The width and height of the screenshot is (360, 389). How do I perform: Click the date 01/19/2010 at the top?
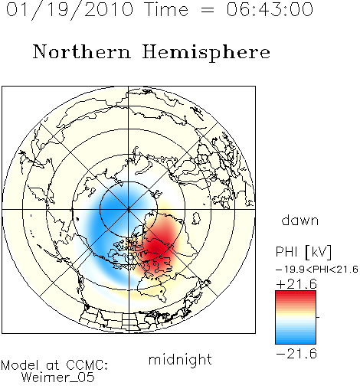pyautogui.click(x=70, y=10)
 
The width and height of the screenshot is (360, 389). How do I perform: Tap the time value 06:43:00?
pyautogui.click(x=270, y=9)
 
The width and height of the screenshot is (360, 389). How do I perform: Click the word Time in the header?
pyautogui.click(x=166, y=9)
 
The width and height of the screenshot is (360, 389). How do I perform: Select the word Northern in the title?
pyautogui.click(x=82, y=51)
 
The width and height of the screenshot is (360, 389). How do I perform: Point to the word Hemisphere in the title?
pyautogui.click(x=206, y=53)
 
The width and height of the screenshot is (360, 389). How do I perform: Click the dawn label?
pyautogui.click(x=300, y=221)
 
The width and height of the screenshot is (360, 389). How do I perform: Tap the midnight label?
pyautogui.click(x=180, y=359)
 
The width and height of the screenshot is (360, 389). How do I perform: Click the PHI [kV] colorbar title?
pyautogui.click(x=303, y=252)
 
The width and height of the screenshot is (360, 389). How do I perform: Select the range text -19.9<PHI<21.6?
pyautogui.click(x=317, y=270)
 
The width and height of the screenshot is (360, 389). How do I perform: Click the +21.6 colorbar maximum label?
pyautogui.click(x=296, y=284)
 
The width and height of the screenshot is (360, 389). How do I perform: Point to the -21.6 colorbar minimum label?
pyautogui.click(x=296, y=354)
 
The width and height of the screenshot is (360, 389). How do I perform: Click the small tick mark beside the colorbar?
pyautogui.click(x=318, y=317)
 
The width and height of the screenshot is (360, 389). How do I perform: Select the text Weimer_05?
pyautogui.click(x=58, y=378)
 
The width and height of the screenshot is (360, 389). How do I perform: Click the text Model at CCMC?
pyautogui.click(x=54, y=365)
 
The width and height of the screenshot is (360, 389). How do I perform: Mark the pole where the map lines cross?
pyautogui.click(x=129, y=210)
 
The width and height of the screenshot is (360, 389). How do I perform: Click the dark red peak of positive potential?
pyautogui.click(x=156, y=247)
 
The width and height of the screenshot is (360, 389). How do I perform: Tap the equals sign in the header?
pyautogui.click(x=208, y=10)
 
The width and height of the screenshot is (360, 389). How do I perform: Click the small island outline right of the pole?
pyautogui.click(x=196, y=218)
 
